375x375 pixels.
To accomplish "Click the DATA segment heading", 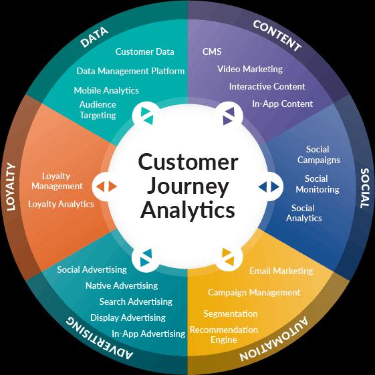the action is (94, 37).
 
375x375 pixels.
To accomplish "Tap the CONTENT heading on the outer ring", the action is (277, 36).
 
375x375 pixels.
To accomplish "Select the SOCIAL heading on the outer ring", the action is (365, 189).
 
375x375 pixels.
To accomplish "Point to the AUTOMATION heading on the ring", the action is (273, 339).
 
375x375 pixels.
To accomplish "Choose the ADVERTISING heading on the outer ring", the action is (100, 338).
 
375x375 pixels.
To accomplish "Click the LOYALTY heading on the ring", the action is (11, 186).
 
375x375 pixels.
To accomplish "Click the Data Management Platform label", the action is (130, 71).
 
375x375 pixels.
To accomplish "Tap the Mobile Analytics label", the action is (106, 90).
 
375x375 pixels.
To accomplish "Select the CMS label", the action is (212, 51).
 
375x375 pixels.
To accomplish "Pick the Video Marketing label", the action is (250, 69).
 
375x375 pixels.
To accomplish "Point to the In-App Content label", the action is (282, 104).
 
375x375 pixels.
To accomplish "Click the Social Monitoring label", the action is (318, 184).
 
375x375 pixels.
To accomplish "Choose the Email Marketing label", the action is (281, 271).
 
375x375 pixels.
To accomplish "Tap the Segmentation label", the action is (231, 314).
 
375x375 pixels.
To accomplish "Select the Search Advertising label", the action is (136, 301).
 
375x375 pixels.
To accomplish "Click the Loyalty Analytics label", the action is (61, 205).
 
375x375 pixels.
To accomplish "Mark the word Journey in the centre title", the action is (188, 186).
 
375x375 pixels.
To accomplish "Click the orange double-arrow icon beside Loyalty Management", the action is (106, 186).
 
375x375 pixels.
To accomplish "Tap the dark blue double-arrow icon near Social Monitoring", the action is (269, 186).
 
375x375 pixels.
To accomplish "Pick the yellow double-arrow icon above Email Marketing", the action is (228, 257).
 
